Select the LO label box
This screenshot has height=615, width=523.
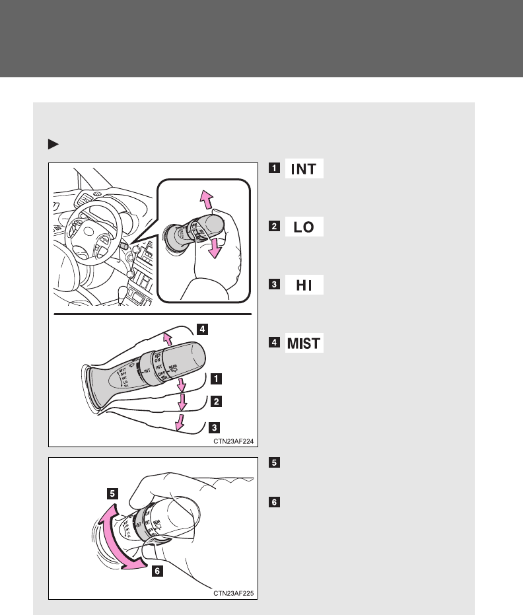[304, 227]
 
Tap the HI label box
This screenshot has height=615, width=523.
[304, 285]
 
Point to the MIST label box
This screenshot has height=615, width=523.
[304, 344]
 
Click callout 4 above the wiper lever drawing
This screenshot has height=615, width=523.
[205, 328]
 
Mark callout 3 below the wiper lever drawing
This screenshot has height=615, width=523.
[216, 427]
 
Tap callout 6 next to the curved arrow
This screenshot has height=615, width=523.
[157, 572]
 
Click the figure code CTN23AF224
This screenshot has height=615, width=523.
[234, 442]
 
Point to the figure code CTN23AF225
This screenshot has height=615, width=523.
[234, 595]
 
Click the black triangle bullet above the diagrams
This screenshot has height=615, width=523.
[53, 143]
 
